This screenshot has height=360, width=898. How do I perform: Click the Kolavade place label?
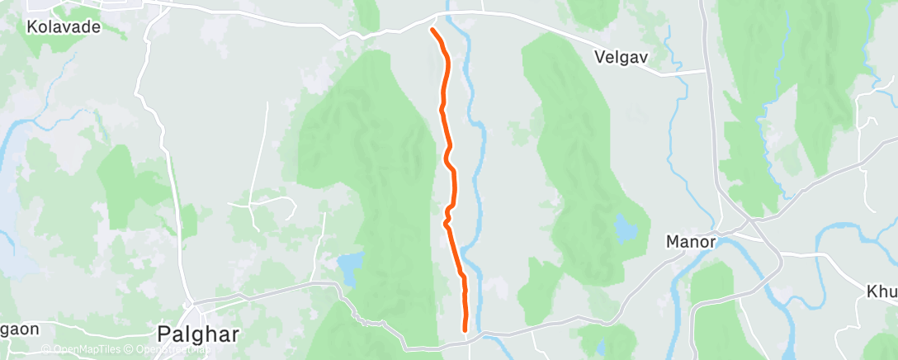(x=63, y=26)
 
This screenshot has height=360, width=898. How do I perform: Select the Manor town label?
(x=689, y=243)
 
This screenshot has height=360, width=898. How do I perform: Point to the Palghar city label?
(x=198, y=334)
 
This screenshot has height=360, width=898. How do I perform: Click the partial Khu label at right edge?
(x=881, y=292)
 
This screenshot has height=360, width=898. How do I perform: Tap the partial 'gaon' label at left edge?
(x=18, y=329)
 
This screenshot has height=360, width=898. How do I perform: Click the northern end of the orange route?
(x=432, y=30)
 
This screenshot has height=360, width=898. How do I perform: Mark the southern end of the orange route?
(x=466, y=329)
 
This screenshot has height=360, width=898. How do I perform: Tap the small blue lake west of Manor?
(x=625, y=228)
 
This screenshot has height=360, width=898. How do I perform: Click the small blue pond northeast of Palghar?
(x=350, y=268)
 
